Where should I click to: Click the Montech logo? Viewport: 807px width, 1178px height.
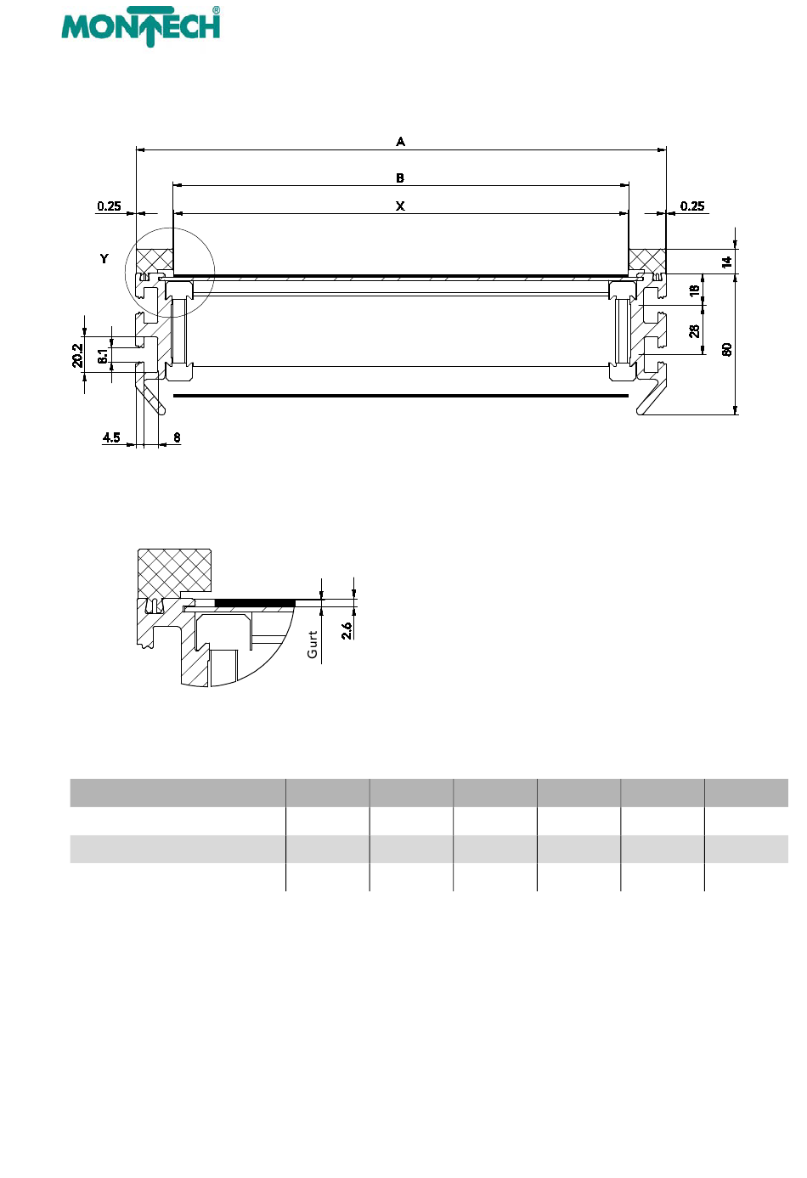pos(140,26)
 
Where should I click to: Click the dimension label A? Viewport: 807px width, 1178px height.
pos(400,142)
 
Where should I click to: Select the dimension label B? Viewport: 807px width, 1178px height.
pos(400,178)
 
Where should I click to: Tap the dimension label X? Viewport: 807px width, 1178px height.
pos(400,206)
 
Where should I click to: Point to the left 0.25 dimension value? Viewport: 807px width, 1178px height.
pos(109,206)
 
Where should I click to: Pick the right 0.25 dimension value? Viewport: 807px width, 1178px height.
pos(692,206)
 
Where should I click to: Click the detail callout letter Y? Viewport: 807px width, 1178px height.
pos(104,259)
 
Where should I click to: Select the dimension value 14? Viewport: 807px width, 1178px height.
pos(727,262)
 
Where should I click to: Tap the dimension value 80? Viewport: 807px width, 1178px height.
pos(727,350)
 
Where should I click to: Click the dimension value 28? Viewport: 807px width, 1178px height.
pos(694,330)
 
